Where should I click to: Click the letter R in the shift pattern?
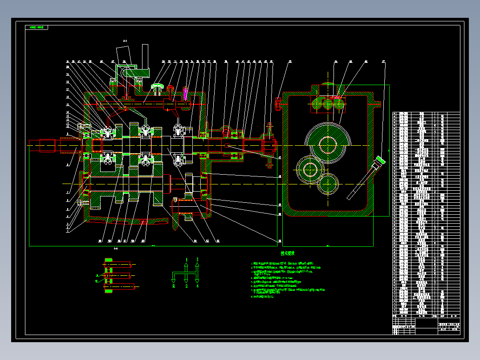(x=174, y=286)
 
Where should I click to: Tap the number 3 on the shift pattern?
(x=197, y=259)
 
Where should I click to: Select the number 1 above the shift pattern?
(x=187, y=259)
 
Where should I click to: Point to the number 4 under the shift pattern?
(x=197, y=286)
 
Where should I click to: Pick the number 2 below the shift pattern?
(x=187, y=286)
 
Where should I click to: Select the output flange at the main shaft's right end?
(x=269, y=146)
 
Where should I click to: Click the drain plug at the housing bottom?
(x=143, y=222)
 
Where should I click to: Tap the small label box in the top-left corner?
(x=37, y=28)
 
